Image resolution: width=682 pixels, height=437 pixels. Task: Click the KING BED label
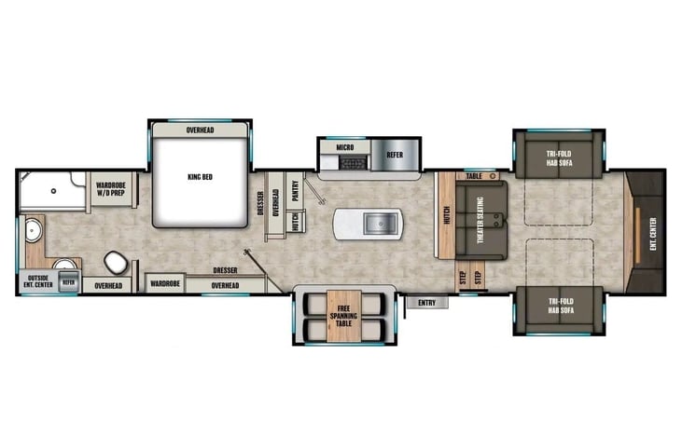tap(200, 177)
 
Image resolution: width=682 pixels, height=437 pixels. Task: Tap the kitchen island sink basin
tap(381, 224)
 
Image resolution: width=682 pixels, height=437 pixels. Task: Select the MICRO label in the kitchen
tap(345, 147)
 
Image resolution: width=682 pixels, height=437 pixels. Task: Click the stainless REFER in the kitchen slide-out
tap(395, 155)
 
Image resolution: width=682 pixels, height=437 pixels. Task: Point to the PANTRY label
tap(296, 191)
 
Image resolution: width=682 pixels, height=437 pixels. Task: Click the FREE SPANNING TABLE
tap(343, 316)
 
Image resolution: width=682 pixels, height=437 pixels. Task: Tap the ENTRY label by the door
tap(426, 303)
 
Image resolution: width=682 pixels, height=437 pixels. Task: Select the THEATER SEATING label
tap(480, 220)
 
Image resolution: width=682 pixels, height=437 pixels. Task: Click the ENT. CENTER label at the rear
tap(653, 234)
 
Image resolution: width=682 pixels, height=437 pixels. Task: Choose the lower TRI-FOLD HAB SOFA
tap(560, 308)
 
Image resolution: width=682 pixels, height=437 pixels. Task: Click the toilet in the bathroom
tap(116, 262)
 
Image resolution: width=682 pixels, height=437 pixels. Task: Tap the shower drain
tap(53, 191)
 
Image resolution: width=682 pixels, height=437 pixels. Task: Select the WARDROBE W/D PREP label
tap(110, 189)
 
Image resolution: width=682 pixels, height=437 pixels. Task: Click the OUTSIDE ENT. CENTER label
tap(38, 281)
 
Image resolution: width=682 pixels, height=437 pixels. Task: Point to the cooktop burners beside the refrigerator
tap(354, 163)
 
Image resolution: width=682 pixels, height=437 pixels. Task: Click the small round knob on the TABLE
tap(493, 176)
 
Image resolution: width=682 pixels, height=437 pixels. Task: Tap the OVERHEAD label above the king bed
tap(200, 130)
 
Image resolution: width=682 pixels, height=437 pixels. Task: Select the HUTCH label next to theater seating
tap(447, 215)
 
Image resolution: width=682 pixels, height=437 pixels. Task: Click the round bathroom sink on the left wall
tap(34, 230)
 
